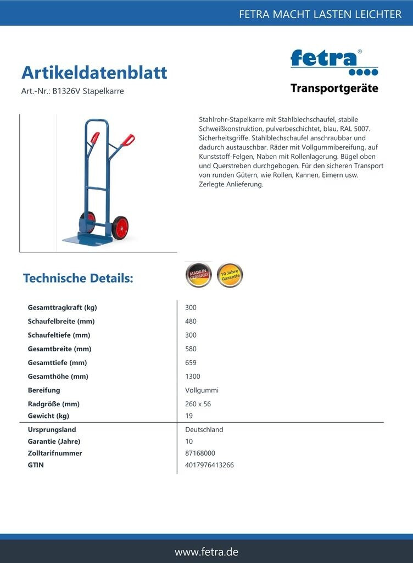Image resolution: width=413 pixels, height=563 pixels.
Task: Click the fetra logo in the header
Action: click(334, 62)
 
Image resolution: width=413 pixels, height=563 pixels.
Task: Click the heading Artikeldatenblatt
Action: click(94, 73)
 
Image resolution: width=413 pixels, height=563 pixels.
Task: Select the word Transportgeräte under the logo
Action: click(334, 89)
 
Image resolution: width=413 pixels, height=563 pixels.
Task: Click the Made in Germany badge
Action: click(198, 275)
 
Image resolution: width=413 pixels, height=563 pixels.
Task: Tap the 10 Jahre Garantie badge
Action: click(230, 275)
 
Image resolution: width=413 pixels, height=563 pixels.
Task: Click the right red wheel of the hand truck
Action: click(120, 227)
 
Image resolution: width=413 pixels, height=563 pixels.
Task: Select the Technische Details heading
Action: click(78, 278)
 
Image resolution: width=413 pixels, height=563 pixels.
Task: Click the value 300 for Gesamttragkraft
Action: click(191, 307)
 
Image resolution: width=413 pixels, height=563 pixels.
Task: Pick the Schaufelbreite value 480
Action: click(191, 321)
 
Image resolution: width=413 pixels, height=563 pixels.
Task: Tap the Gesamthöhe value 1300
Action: click(193, 377)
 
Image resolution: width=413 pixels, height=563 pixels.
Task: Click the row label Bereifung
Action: click(44, 390)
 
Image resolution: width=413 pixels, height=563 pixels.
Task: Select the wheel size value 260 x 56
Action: click(198, 404)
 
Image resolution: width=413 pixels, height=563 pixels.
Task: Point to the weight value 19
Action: click(189, 416)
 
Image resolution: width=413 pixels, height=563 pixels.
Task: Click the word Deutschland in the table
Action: click(204, 429)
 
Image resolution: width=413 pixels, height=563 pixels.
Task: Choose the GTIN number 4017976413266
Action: click(209, 465)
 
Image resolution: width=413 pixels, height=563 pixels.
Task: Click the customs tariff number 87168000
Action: click(200, 453)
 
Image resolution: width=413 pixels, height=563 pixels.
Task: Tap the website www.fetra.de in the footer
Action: click(206, 551)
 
